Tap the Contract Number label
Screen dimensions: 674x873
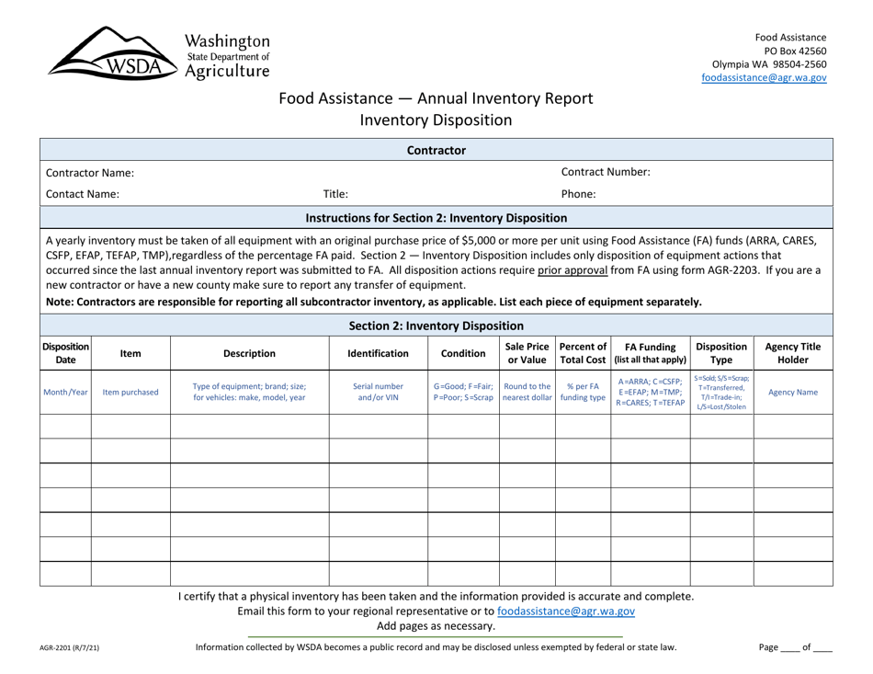pos(607,172)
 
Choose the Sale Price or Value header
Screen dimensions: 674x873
pos(527,352)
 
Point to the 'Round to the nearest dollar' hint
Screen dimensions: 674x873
pos(527,393)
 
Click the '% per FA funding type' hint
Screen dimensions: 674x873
pos(583,393)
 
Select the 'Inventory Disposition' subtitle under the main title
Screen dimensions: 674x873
pos(436,120)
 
